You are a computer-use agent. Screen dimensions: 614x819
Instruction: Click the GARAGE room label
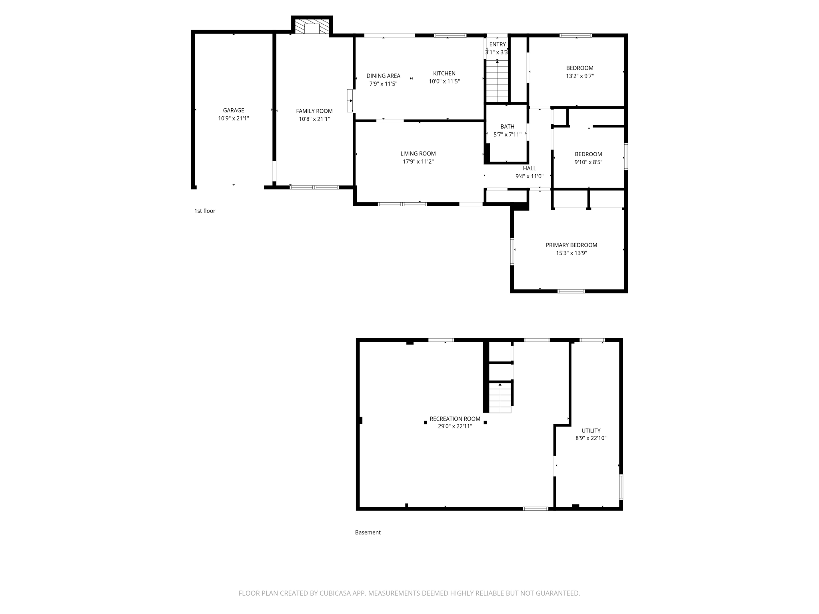point(234,110)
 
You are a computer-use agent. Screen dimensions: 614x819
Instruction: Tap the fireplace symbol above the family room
point(312,27)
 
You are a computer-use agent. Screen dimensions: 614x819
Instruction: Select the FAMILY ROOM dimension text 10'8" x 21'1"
point(314,119)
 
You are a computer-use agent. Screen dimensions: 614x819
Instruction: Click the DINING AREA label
point(383,76)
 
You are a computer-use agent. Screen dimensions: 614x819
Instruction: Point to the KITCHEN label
point(444,73)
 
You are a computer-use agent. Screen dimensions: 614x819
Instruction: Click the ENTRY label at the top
point(497,44)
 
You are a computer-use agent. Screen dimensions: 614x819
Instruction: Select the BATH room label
point(507,127)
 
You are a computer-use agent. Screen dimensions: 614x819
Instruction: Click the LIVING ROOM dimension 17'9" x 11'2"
point(418,161)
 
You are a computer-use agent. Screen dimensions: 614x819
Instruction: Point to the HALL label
point(529,168)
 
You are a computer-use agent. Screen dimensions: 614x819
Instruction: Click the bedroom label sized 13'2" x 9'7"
point(579,68)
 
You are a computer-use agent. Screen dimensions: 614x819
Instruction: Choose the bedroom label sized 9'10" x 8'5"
point(588,154)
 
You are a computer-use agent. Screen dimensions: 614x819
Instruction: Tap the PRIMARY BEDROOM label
point(571,245)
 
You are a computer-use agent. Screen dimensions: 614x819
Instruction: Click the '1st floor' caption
point(205,211)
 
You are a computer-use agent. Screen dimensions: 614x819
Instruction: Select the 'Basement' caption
point(368,532)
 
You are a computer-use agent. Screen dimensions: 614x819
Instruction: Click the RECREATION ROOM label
point(455,419)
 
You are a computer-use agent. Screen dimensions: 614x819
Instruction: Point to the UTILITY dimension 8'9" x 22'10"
point(591,438)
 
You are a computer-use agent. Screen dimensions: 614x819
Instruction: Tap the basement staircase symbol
point(500,397)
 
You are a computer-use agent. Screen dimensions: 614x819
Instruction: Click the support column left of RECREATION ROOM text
point(425,423)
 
